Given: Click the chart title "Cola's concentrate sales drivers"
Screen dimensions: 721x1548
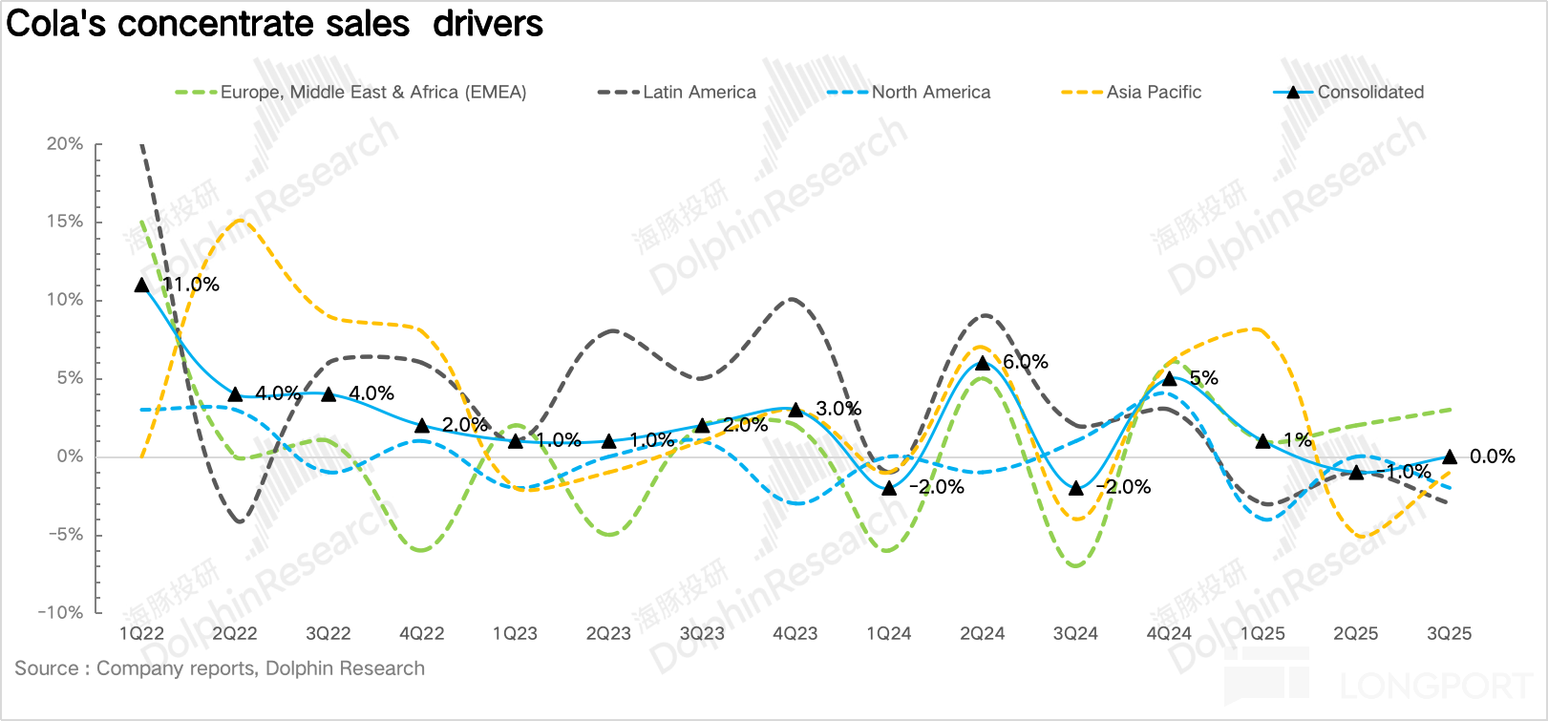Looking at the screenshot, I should (275, 24).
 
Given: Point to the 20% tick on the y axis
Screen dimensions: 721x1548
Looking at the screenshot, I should (65, 144).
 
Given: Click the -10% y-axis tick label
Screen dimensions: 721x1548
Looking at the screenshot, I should (61, 613).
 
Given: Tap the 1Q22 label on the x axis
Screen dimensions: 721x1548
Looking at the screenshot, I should (141, 634).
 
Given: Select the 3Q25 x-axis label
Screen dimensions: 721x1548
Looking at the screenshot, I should (1449, 634).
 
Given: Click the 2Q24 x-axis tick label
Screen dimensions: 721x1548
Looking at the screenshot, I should (982, 634).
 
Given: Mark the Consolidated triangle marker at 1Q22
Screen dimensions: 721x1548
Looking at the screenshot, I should (142, 285).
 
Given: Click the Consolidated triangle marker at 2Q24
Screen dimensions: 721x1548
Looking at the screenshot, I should (983, 363).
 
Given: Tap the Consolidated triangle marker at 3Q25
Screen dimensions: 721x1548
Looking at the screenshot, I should (1450, 456).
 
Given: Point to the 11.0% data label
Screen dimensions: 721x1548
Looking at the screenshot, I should (191, 285).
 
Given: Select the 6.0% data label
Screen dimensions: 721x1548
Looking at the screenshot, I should (1026, 362).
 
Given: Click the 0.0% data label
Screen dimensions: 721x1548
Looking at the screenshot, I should (1492, 456).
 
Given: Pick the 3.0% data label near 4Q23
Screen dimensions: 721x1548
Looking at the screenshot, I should (838, 409).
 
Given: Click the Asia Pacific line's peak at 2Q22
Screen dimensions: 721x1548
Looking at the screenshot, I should (237, 221).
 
